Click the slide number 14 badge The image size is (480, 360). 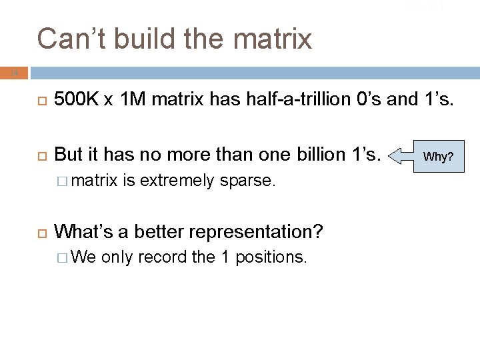pos(15,72)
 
